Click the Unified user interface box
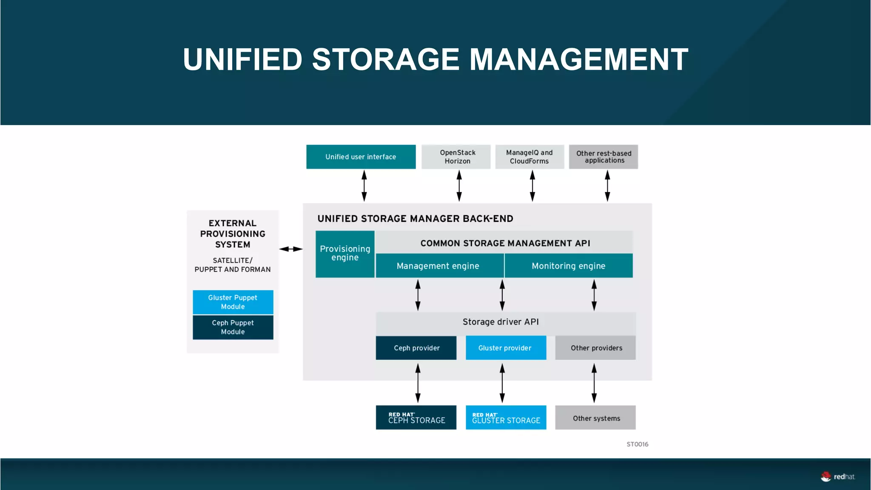pyautogui.click(x=361, y=157)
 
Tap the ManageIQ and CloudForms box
pyautogui.click(x=529, y=157)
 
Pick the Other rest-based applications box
pyautogui.click(x=603, y=157)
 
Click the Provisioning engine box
pyautogui.click(x=345, y=254)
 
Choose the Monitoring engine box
pyautogui.click(x=569, y=266)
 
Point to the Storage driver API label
pyautogui.click(x=501, y=322)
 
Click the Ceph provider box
pyautogui.click(x=416, y=348)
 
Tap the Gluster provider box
pyautogui.click(x=506, y=348)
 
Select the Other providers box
pyautogui.click(x=595, y=348)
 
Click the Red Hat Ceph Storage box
pyautogui.click(x=416, y=418)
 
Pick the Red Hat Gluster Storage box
pyautogui.click(x=506, y=418)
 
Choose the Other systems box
pyautogui.click(x=595, y=418)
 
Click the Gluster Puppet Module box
pyautogui.click(x=233, y=302)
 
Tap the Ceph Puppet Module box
pyautogui.click(x=233, y=327)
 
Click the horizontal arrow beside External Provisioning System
pyautogui.click(x=291, y=249)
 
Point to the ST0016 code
pyautogui.click(x=637, y=444)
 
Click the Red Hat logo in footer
pyautogui.click(x=837, y=477)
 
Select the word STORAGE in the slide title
pyautogui.click(x=386, y=59)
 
